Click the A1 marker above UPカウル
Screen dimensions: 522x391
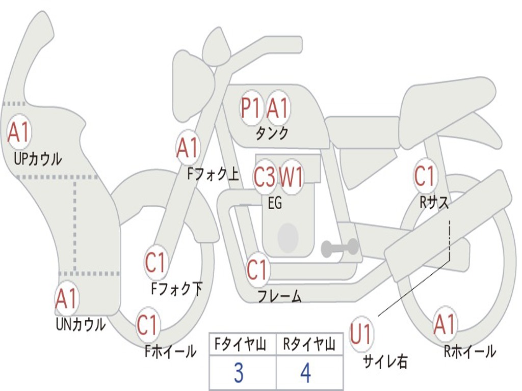19,132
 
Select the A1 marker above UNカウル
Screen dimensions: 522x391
66,299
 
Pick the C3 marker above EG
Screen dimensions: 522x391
265,177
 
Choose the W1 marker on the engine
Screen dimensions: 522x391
292,177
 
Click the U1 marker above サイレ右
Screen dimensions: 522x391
361,334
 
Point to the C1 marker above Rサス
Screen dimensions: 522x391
425,176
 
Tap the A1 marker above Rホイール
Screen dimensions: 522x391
445,324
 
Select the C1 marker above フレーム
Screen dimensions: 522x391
257,270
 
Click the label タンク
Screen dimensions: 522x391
272,133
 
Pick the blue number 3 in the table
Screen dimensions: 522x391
239,373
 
